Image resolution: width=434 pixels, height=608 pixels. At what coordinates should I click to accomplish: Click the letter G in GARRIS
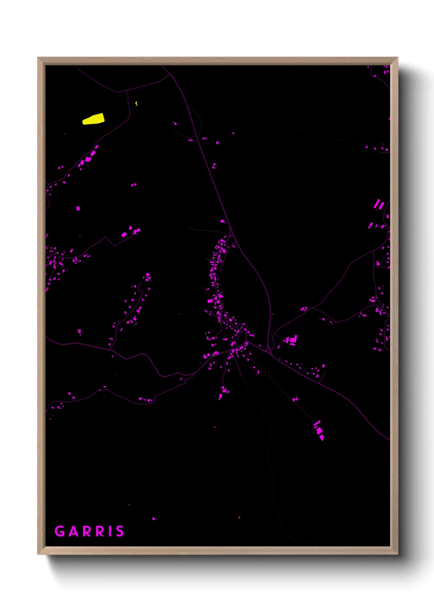59,531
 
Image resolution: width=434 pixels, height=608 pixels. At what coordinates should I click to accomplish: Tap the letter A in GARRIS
74,531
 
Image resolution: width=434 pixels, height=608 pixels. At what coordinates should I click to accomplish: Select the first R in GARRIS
88,531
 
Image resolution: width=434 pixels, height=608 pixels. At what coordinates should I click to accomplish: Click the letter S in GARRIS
120,531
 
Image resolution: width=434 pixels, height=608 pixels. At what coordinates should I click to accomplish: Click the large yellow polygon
94,119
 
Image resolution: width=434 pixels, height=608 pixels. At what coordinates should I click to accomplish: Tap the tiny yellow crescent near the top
136,104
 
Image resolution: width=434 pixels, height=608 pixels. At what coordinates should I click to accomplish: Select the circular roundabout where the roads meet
268,351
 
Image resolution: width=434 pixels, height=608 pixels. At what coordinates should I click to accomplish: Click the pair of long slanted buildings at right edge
379,204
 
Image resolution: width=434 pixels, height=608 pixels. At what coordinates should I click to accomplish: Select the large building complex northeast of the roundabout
292,340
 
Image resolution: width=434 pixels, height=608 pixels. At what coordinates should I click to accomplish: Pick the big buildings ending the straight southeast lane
319,431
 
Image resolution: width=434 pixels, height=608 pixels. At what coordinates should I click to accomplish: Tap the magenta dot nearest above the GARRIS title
154,519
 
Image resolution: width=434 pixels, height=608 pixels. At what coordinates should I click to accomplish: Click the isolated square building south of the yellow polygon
78,208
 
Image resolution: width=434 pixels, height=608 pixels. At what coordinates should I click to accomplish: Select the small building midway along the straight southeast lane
295,398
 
